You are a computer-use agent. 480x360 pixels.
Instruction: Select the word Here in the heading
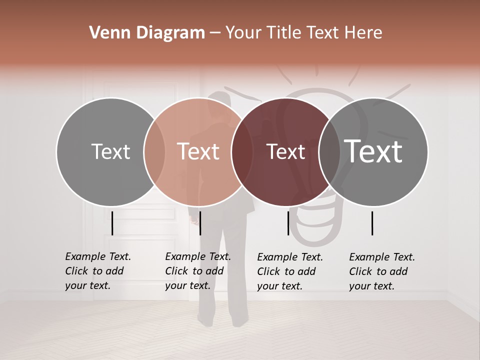[x=364, y=33]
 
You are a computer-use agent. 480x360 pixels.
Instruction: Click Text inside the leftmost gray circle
[x=110, y=151]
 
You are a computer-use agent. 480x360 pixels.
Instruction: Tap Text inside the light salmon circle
[x=198, y=151]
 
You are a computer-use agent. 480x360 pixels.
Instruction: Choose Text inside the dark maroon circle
[x=285, y=151]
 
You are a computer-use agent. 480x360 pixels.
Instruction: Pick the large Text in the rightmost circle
[x=373, y=151]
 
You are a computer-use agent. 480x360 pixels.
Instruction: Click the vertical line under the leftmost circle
[x=112, y=223]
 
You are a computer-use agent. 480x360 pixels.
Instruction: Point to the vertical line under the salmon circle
[x=200, y=223]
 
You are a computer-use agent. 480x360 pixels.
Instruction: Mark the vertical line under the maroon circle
[x=288, y=223]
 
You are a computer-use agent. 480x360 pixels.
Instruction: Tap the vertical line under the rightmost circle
[x=372, y=223]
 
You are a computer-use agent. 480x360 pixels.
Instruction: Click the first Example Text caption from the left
[x=97, y=271]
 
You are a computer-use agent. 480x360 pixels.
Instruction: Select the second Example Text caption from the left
[x=197, y=271]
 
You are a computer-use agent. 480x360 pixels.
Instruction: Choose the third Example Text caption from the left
[x=289, y=271]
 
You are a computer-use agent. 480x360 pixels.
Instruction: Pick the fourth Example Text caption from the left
[x=381, y=271]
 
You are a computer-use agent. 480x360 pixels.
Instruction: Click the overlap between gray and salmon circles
[x=154, y=151]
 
